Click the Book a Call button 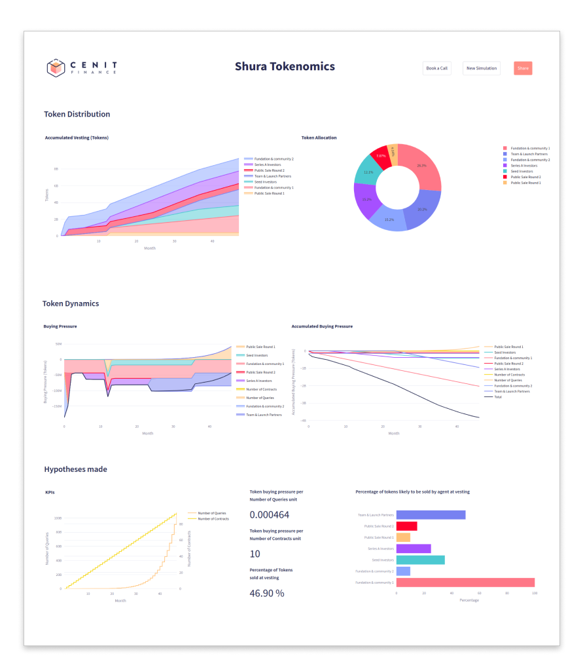(x=436, y=68)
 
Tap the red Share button (x=523, y=68)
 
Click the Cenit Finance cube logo (x=56, y=67)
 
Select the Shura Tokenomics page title (x=285, y=66)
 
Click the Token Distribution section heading (x=77, y=114)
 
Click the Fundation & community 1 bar (x=465, y=583)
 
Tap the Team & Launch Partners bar (x=431, y=515)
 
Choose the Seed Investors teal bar (x=420, y=560)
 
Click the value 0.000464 (x=268, y=515)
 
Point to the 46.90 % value (x=267, y=593)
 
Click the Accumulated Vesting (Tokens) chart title (x=77, y=138)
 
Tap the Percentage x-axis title (x=470, y=600)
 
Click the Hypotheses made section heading (x=75, y=469)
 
